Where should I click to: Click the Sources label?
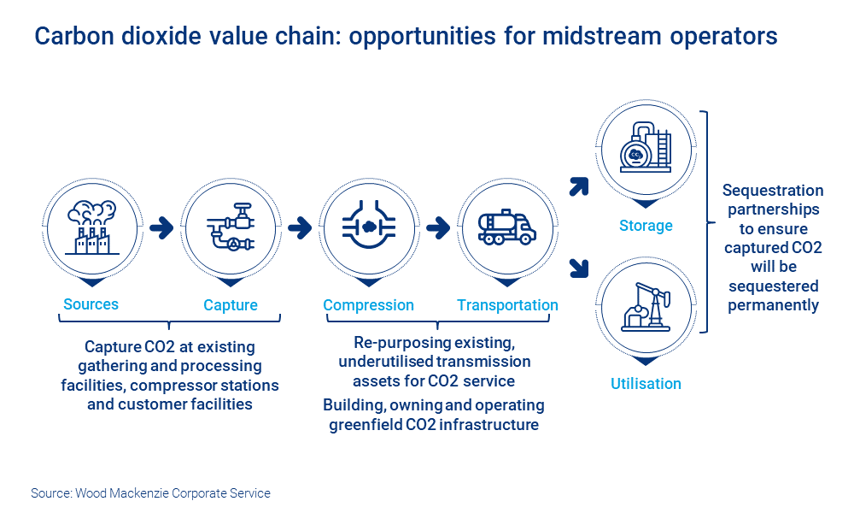[x=91, y=304]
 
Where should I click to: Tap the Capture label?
[x=230, y=305]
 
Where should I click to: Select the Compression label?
[x=368, y=305]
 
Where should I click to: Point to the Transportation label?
[x=507, y=305]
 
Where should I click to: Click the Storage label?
[x=646, y=226]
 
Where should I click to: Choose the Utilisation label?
[x=646, y=384]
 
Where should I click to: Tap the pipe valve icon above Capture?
[x=230, y=227]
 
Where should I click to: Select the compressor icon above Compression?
[x=368, y=227]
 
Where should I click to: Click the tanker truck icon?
[x=507, y=227]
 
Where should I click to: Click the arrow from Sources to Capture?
[x=161, y=228]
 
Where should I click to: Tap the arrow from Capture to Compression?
[x=299, y=228]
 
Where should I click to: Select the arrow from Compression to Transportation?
[x=437, y=228]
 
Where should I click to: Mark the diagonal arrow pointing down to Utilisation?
[x=579, y=268]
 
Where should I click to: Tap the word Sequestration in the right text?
[x=773, y=191]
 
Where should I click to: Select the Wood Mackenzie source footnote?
[x=150, y=493]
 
